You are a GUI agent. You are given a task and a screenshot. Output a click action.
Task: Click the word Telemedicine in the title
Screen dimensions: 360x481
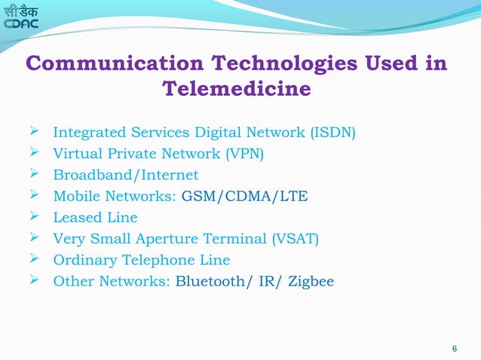click(x=237, y=90)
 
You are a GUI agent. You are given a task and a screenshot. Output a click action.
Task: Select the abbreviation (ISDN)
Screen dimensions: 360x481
click(x=331, y=134)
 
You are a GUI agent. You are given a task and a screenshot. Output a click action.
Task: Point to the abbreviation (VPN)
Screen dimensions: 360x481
click(x=244, y=155)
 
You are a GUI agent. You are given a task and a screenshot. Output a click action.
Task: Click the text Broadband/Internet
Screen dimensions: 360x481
click(x=125, y=175)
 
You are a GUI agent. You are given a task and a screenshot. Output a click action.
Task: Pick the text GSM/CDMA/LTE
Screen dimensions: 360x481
click(x=245, y=197)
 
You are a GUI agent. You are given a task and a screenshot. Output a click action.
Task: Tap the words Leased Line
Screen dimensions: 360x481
click(x=95, y=218)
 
